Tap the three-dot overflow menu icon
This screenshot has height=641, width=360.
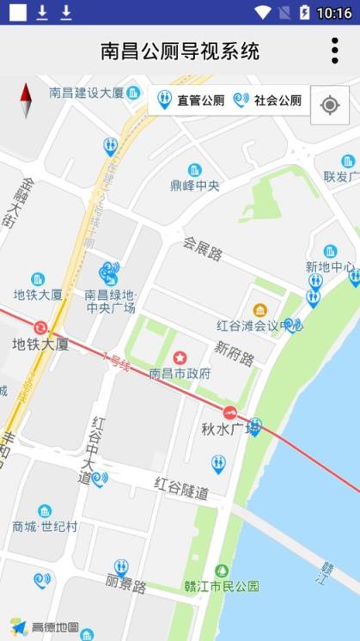click(x=334, y=51)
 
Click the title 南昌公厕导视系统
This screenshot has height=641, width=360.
click(x=180, y=52)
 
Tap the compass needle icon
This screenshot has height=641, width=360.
click(x=26, y=101)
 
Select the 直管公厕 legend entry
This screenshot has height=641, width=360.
click(x=191, y=101)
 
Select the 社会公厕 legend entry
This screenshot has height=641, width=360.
click(x=268, y=101)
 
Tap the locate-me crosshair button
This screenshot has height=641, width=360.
click(x=329, y=105)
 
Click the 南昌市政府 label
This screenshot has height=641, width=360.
click(x=180, y=374)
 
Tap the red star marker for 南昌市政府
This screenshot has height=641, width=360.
click(x=180, y=357)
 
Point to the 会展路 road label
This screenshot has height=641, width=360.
click(x=203, y=248)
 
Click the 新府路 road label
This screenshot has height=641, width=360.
click(x=235, y=352)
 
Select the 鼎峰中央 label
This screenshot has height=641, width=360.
click(x=194, y=186)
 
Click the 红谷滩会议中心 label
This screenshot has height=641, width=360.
click(x=259, y=326)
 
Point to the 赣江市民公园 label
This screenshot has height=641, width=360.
click(x=222, y=587)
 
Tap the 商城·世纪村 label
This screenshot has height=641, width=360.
click(x=45, y=526)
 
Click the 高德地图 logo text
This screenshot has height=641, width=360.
click(x=55, y=627)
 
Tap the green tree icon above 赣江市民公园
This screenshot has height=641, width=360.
click(x=222, y=571)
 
